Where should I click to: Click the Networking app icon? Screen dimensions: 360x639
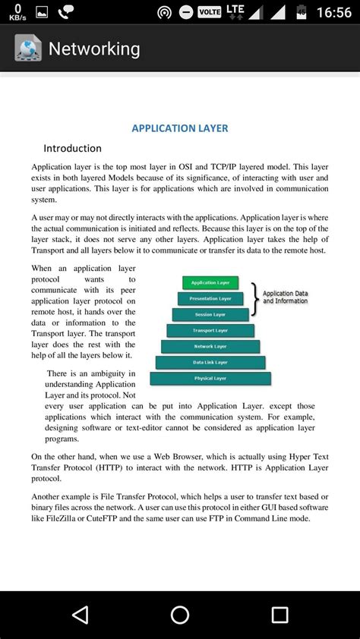(28, 49)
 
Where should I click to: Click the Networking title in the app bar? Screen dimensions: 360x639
(94, 49)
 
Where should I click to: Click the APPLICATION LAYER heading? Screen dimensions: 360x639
(180, 128)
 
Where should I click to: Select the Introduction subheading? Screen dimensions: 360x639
(72, 148)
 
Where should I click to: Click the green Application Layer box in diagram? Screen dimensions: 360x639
(210, 282)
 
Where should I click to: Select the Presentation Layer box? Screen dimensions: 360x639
(210, 298)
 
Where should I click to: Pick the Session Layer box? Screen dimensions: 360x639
(210, 314)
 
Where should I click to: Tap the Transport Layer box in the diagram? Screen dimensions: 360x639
(210, 331)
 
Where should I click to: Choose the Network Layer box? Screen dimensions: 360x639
(210, 346)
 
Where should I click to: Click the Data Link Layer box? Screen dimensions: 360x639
(210, 363)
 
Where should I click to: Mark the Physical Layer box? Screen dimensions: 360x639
(210, 378)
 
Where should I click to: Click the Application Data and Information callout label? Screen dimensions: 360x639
(286, 297)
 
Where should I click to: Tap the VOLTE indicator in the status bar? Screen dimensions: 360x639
(208, 12)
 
